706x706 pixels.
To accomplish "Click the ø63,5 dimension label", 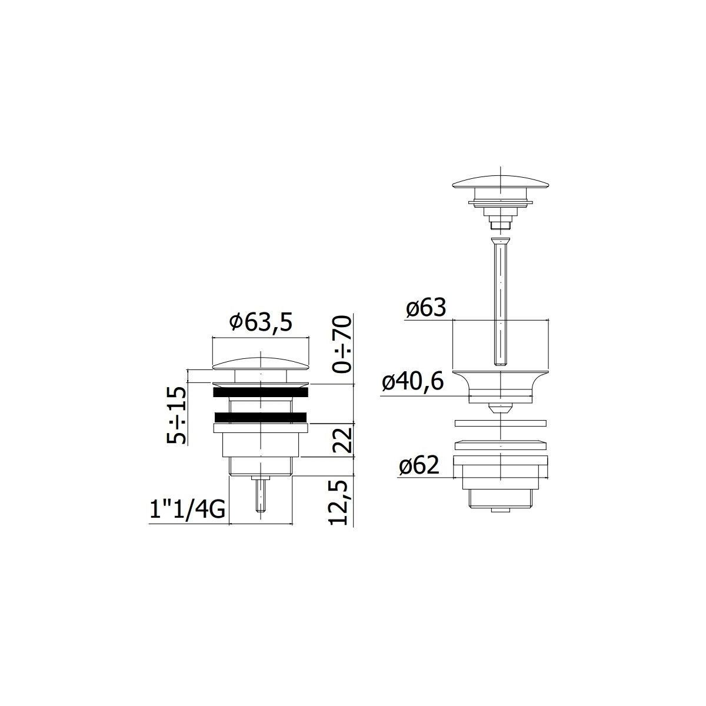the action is tap(261, 322).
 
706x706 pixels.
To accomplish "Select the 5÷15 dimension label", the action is tap(176, 415).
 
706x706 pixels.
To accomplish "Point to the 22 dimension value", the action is tap(343, 440).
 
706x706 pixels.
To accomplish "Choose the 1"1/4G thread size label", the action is tap(187, 510).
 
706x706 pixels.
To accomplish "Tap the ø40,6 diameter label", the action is tap(413, 382).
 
